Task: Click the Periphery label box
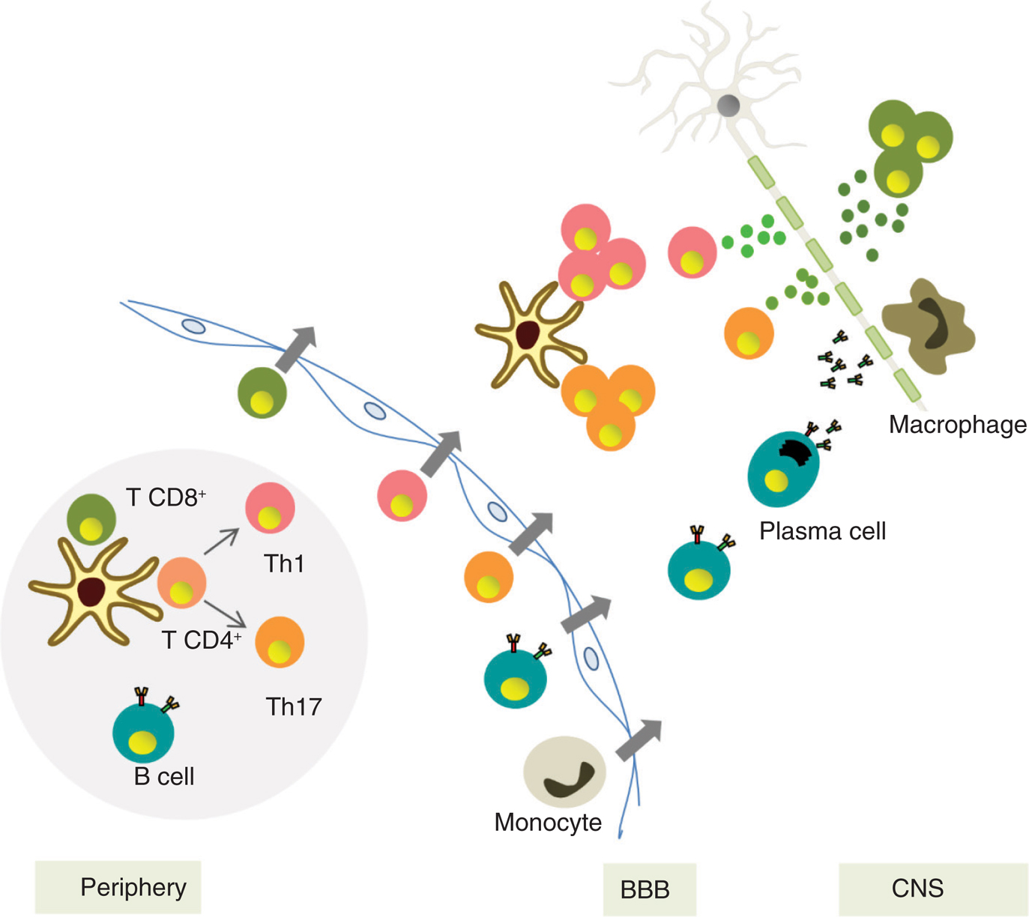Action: click(x=118, y=888)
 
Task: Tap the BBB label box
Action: click(x=649, y=889)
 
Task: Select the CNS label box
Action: click(x=932, y=889)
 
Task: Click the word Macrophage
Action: click(x=957, y=425)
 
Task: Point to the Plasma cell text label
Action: click(x=822, y=531)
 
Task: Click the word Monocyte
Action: click(x=548, y=822)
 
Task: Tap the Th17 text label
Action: click(x=294, y=706)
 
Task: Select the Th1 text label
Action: click(x=284, y=563)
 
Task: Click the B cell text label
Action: click(x=164, y=776)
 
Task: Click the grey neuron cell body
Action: click(x=728, y=106)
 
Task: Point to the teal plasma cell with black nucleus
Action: click(x=783, y=469)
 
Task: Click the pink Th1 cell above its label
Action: click(x=270, y=508)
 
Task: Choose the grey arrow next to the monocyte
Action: click(x=639, y=739)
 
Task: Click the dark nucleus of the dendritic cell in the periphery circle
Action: click(x=92, y=591)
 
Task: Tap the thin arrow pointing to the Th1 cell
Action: click(x=221, y=542)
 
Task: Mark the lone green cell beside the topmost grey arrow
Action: click(x=262, y=393)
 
